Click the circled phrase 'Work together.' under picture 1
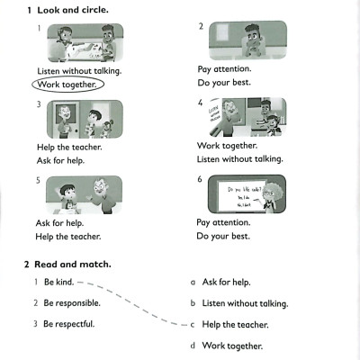pos(67,85)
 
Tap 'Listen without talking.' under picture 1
pos(80,69)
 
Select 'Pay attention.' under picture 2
pos(224,68)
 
